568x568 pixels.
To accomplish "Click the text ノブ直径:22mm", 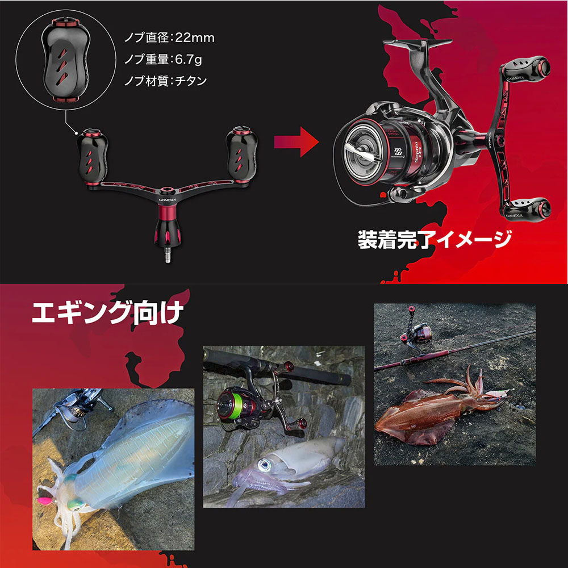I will point(170,38).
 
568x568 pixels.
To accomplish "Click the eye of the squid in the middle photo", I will point(263,466).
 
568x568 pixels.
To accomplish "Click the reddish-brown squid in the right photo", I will point(432,409).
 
